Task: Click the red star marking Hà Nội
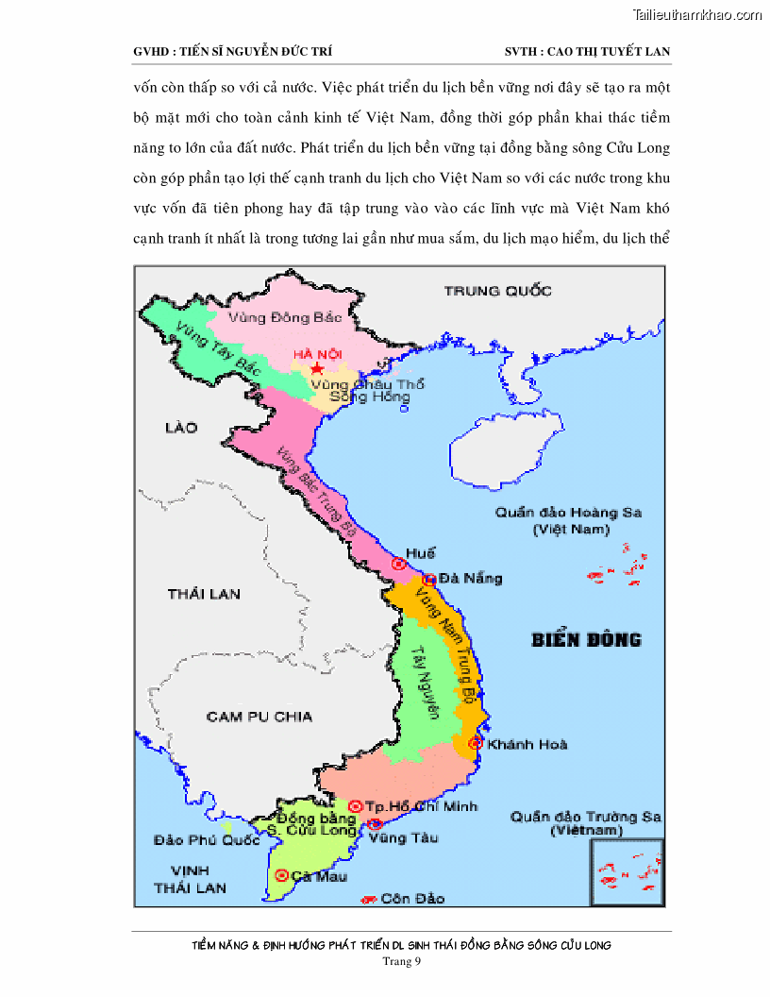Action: coord(316,367)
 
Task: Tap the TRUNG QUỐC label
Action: coord(497,291)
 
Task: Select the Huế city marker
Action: coord(399,564)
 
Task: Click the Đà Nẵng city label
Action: coord(470,578)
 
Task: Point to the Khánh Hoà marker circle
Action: coord(476,743)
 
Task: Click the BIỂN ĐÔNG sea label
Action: coord(586,639)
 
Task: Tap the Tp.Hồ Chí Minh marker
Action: coord(355,805)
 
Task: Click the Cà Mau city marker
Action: coord(281,874)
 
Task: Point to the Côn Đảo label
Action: coord(412,898)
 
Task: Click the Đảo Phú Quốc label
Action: coord(207,839)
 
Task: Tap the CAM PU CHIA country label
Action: coord(259,717)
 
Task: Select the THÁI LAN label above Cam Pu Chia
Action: coord(204,594)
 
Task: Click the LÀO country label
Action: coord(181,428)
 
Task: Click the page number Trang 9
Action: coord(401,961)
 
